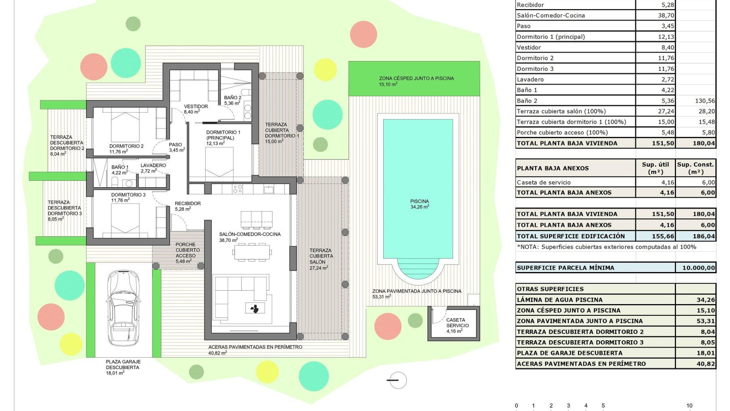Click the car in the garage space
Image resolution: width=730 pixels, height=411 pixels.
coord(123,307)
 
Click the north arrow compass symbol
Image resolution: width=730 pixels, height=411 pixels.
coord(397,380)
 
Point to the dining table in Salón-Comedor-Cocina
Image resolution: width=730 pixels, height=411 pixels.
coord(252,252)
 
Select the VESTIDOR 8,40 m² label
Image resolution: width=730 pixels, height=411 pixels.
coord(195,109)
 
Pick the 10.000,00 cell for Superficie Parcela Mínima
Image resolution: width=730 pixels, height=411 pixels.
coord(695,268)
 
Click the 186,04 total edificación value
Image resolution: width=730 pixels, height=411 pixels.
coord(695,236)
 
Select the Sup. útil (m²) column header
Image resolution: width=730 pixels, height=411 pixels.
coord(655,168)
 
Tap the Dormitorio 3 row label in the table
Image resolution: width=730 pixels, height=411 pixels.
coord(535,69)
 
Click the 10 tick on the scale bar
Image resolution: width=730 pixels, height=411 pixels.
coord(689,406)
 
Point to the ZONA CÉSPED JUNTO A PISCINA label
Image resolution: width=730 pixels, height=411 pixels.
coord(416,78)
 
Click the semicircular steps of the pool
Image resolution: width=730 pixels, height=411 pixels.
coord(418,269)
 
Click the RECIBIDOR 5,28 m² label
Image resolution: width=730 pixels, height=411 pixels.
coord(187,206)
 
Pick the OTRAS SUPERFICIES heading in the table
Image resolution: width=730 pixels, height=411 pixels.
coord(550,289)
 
